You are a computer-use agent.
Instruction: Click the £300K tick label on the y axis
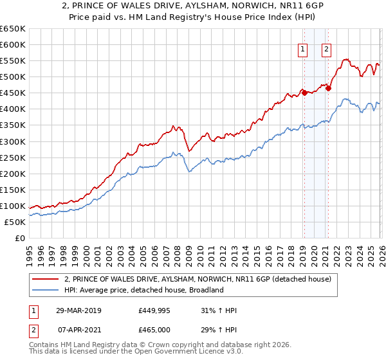(13, 141)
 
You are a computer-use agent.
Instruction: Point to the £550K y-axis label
(13, 61)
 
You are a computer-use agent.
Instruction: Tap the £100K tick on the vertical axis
(13, 206)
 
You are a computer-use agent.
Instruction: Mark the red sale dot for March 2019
(304, 93)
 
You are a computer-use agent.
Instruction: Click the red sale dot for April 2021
(328, 88)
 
